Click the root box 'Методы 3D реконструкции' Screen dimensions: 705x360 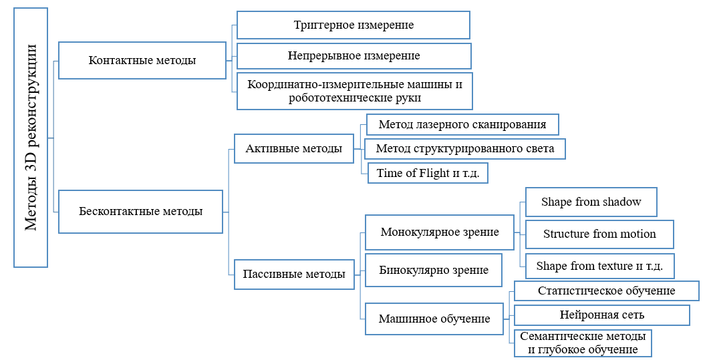click(31, 138)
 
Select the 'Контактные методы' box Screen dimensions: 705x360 click(142, 60)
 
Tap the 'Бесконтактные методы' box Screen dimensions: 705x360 click(141, 211)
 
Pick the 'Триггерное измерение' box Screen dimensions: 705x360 click(354, 25)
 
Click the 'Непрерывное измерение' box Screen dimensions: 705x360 click(354, 55)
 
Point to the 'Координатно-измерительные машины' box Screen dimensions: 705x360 click(355, 91)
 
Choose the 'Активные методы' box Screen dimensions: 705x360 click(294, 148)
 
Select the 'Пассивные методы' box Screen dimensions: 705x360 click(294, 274)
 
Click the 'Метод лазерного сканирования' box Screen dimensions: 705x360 click(462, 124)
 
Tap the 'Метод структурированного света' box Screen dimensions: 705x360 click(464, 149)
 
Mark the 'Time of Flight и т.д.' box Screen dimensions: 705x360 click(428, 173)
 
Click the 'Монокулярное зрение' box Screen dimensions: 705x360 click(439, 232)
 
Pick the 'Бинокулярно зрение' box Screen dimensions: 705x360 click(434, 270)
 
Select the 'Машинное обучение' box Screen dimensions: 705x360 click(434, 319)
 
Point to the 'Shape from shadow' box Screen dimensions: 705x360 click(591, 202)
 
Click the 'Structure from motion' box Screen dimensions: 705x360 click(599, 234)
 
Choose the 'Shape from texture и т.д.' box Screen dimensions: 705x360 click(599, 266)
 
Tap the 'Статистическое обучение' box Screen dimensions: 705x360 click(607, 291)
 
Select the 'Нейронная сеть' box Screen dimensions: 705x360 click(601, 315)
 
